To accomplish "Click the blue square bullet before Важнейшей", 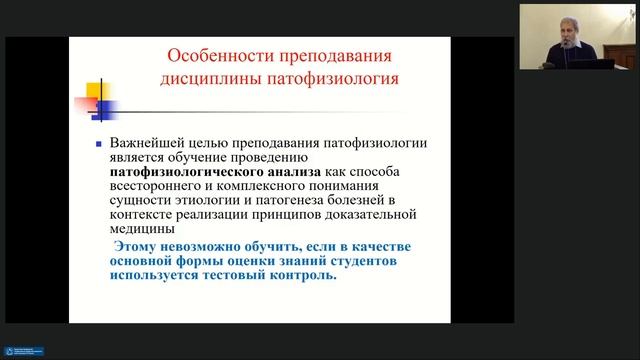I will pos(97,144).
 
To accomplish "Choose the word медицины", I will pos(141,228).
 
